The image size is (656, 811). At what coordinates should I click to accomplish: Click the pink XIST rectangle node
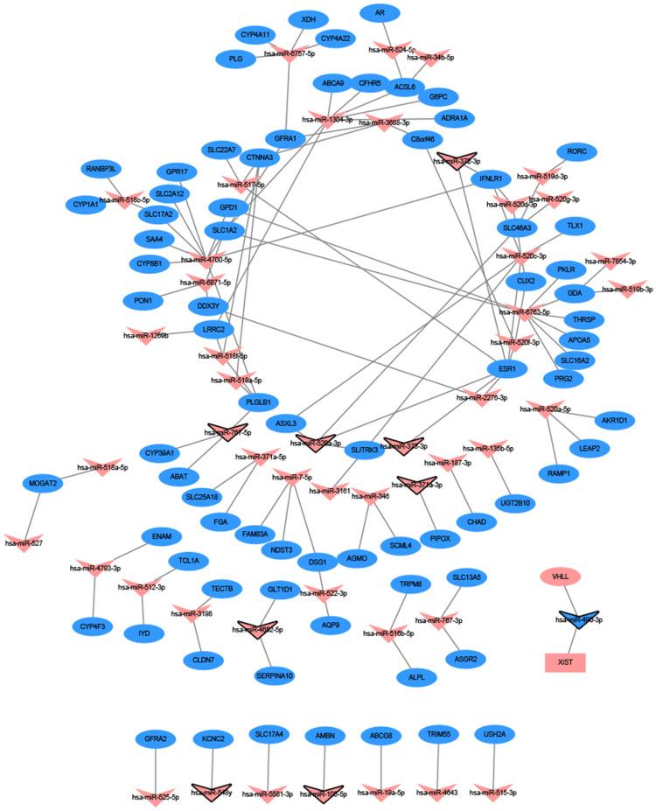[564, 661]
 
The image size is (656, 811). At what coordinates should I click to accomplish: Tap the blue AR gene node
[379, 13]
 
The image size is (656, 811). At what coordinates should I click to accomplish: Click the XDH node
[308, 18]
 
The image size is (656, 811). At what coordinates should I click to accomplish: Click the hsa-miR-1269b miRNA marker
[146, 335]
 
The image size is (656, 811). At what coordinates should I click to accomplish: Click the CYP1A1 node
[84, 204]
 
